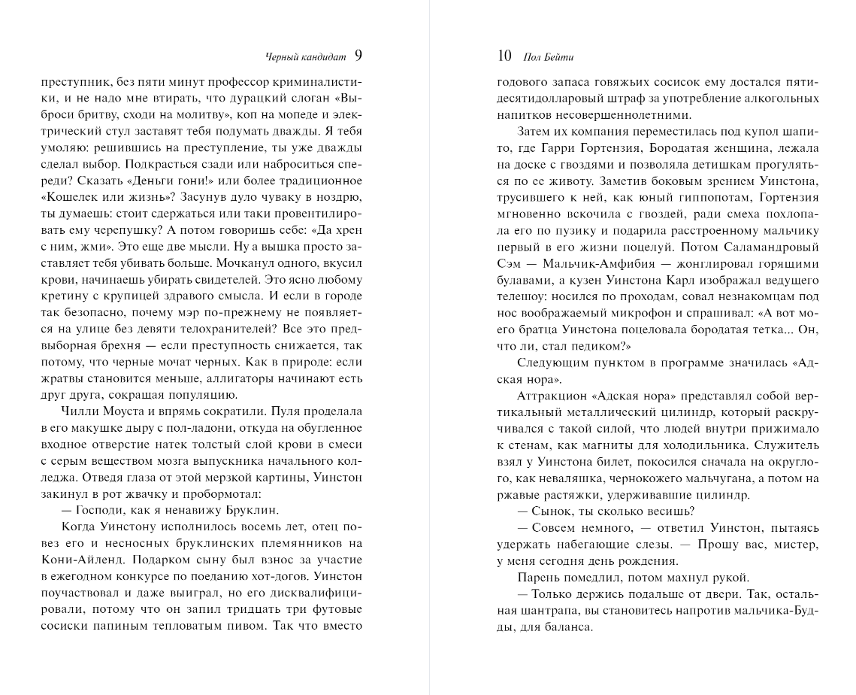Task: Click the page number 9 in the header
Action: pos(358,56)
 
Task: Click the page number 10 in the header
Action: pos(504,56)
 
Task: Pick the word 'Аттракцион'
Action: pos(550,396)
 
